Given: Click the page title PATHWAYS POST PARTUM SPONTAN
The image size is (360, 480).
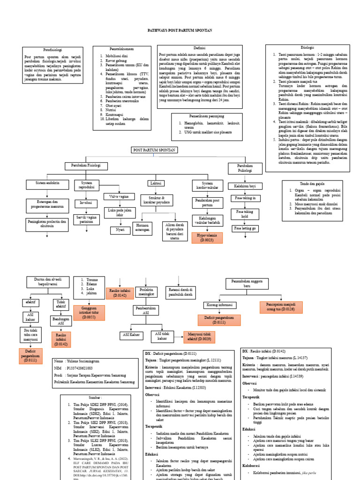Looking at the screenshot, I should tap(180, 30).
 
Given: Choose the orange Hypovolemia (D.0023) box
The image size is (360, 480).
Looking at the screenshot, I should tap(207, 238).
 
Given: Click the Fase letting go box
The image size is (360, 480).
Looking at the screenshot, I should tap(244, 228).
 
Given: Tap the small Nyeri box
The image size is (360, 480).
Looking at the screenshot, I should tap(120, 230).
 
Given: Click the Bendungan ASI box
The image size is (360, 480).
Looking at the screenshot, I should tap(58, 321).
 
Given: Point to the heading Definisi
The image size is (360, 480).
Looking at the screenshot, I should tap(200, 48).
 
